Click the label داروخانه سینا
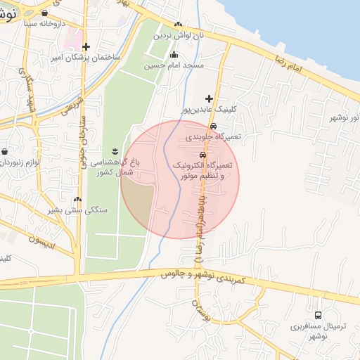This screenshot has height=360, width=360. pos(44,23)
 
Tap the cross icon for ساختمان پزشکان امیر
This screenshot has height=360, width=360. pos(86,47)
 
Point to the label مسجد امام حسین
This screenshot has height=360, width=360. pos(174,66)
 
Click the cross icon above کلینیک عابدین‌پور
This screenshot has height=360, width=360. pos(208,98)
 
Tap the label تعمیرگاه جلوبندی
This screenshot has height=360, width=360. pos(213,137)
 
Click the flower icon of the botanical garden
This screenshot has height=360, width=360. pos(115,151)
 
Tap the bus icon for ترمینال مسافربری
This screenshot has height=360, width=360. pos(318,315)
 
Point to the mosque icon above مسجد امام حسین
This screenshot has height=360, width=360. pos(174,55)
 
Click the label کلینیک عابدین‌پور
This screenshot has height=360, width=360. pos(214,109)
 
